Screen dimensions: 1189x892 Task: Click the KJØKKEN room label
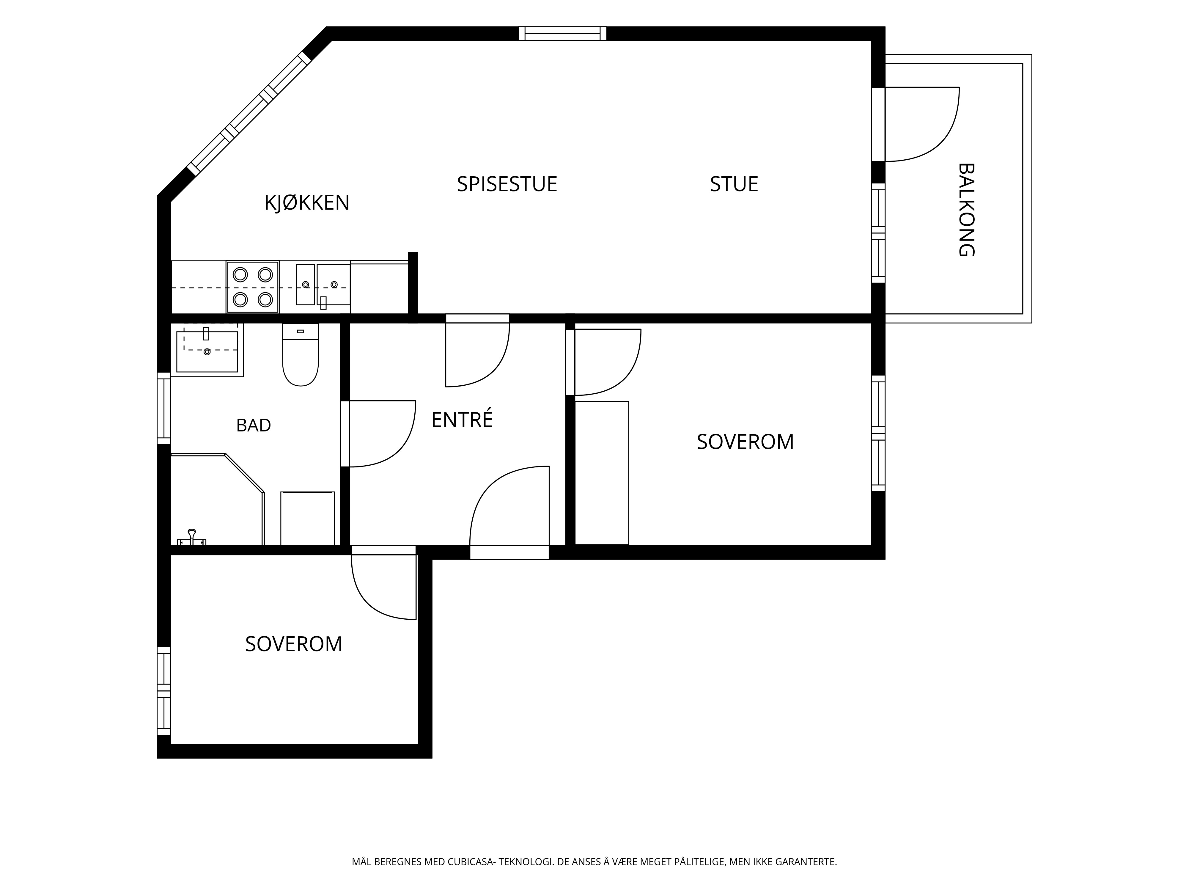307,203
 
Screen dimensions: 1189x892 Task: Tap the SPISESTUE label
507,184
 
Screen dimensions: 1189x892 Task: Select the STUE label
734,184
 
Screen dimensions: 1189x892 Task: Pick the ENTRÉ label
462,419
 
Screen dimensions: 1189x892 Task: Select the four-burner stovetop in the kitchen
253,287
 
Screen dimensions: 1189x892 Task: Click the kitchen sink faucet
323,303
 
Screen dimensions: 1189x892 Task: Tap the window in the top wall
562,33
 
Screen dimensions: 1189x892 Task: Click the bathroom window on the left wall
164,408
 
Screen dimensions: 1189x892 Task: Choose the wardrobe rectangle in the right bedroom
602,473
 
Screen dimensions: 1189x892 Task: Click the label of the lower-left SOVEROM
293,644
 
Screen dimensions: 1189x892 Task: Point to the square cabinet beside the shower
307,518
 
